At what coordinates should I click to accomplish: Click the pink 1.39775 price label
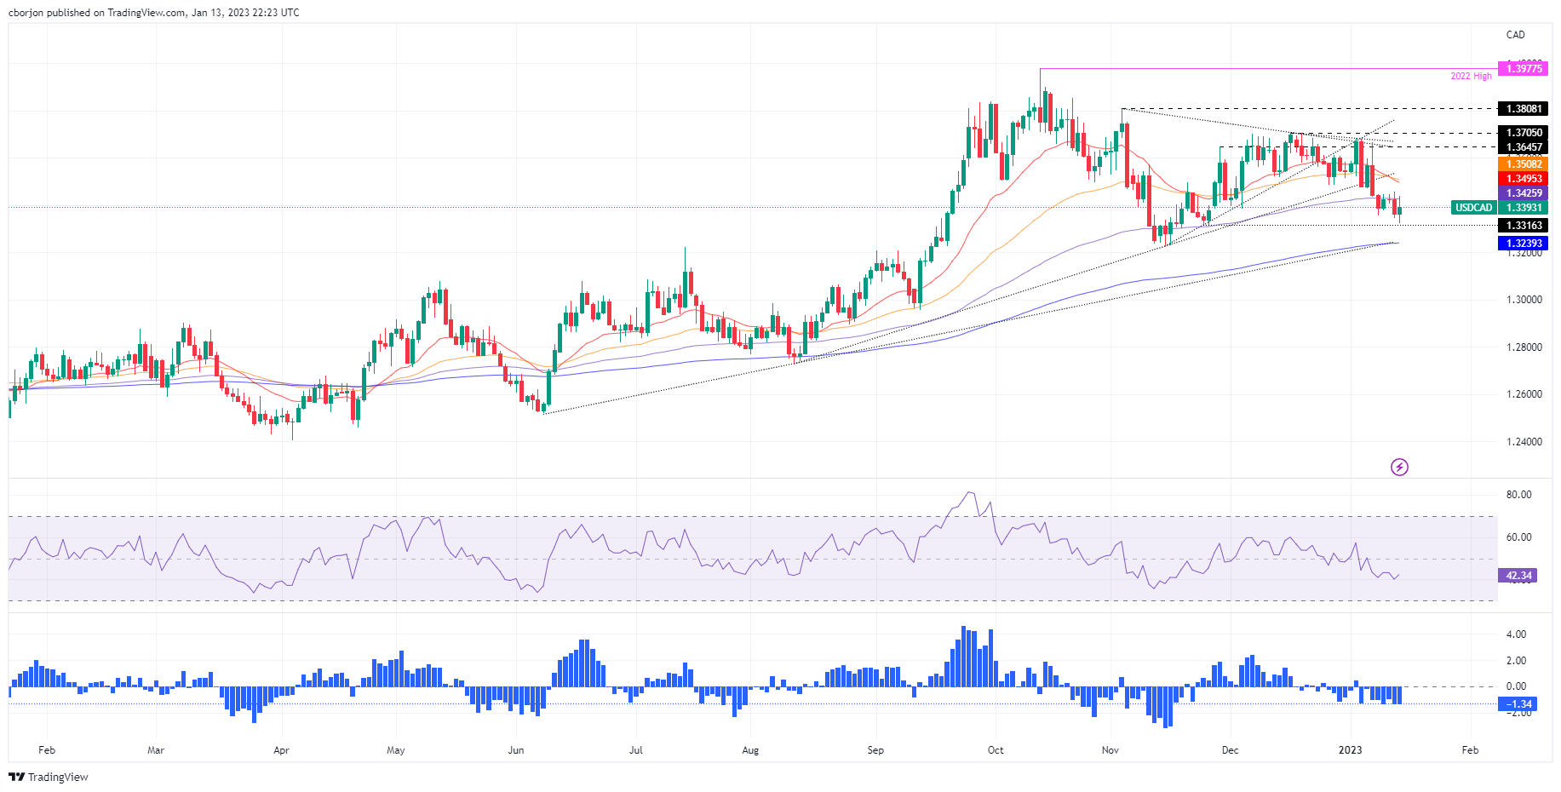[x=1524, y=69]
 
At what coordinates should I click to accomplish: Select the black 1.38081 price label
[x=1524, y=109]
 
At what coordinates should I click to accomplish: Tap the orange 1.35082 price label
[x=1524, y=164]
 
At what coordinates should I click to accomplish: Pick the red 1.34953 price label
[x=1524, y=179]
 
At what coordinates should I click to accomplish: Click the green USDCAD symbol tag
[x=1473, y=208]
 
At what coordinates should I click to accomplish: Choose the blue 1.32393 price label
[x=1524, y=244]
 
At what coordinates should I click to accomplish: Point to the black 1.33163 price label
[x=1524, y=226]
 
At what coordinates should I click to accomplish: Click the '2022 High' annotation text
[x=1471, y=77]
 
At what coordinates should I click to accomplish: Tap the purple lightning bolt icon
[x=1399, y=467]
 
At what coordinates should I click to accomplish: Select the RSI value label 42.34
[x=1518, y=576]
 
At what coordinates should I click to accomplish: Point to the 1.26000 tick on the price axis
[x=1524, y=394]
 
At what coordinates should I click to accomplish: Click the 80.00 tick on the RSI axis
[x=1518, y=495]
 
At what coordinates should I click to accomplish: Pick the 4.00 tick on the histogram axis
[x=1516, y=634]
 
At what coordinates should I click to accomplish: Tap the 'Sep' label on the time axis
[x=875, y=750]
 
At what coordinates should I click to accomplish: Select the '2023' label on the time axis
[x=1350, y=750]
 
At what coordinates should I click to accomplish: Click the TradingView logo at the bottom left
[x=49, y=777]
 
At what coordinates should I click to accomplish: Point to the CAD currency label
[x=1515, y=35]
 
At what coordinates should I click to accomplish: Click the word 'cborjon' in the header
[x=26, y=13]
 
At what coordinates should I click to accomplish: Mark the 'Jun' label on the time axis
[x=515, y=750]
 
